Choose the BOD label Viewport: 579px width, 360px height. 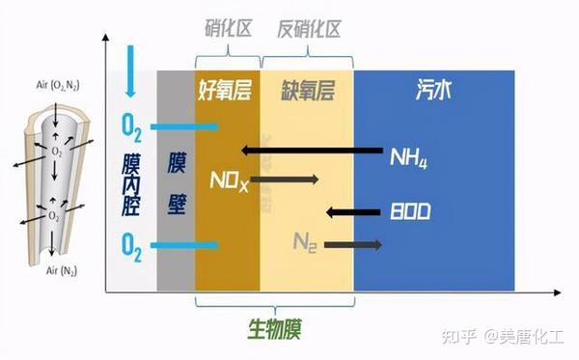click(410, 211)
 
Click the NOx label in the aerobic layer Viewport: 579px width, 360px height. click(229, 180)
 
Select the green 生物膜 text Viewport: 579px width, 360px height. click(274, 328)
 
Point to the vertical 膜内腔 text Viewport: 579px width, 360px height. click(132, 183)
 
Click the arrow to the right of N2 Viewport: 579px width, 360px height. click(353, 245)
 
